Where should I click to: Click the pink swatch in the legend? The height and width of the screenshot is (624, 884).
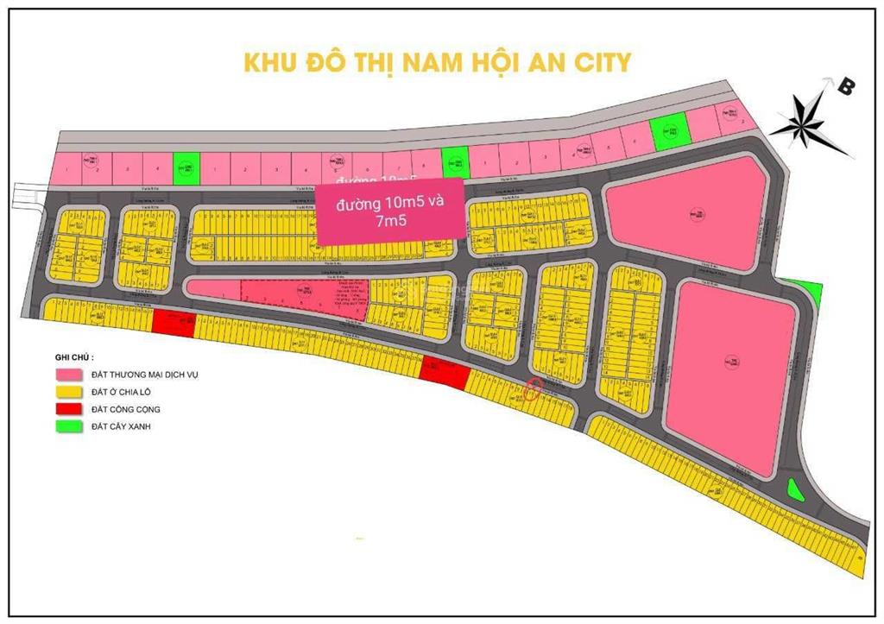tap(66, 375)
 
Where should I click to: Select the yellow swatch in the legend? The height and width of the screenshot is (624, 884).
tap(66, 393)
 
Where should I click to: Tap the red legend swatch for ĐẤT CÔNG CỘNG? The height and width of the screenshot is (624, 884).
tap(66, 409)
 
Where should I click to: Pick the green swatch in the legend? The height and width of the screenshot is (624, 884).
tap(66, 426)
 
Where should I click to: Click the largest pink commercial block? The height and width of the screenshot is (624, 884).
tap(734, 371)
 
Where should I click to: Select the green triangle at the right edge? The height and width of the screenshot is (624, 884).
tap(806, 293)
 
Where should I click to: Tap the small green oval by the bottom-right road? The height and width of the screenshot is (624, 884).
tap(794, 489)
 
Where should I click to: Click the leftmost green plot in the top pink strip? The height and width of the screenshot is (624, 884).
tap(186, 169)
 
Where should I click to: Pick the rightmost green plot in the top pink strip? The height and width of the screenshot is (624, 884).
tap(667, 132)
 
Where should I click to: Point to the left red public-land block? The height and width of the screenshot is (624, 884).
tap(174, 323)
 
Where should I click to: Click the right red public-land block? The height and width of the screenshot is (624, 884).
tap(444, 374)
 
